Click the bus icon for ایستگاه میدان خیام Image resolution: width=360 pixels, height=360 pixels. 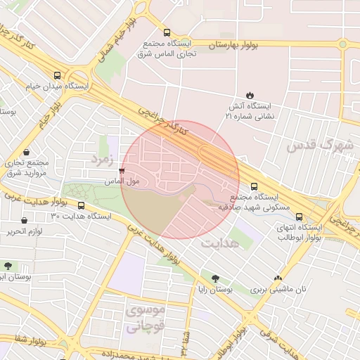pos(57,75)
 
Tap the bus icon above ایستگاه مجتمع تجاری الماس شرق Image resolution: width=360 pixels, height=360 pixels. pos(167,32)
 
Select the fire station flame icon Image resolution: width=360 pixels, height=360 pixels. pos(250,95)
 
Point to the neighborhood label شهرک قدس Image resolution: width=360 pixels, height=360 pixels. pos(317,146)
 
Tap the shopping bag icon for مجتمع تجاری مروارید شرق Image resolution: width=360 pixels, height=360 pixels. pos(26,152)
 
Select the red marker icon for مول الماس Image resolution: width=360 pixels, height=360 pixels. pos(122,171)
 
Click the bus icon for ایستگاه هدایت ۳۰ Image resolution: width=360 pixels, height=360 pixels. pos(81,206)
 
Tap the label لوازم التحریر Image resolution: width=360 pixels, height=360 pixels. pos(27,231)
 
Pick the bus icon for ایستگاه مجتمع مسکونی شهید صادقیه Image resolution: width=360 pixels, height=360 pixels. pos(254,186)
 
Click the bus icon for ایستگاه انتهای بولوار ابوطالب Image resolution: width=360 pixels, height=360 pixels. pos(300,217)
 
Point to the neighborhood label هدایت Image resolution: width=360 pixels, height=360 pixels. pos(220,243)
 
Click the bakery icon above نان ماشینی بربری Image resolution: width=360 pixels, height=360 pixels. pos(278,278)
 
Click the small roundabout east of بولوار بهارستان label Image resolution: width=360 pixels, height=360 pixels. pos(344,44)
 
